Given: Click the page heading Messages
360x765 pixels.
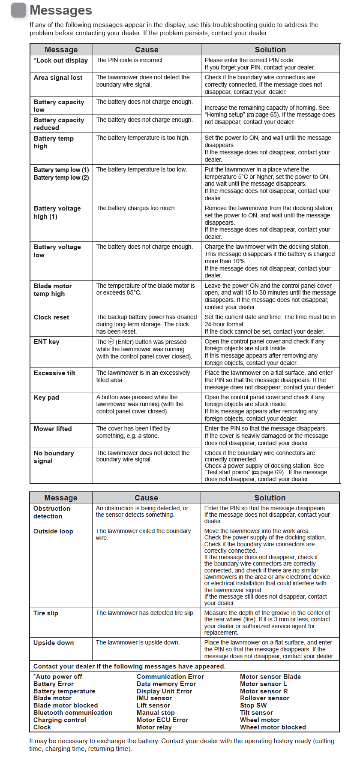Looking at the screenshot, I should pyautogui.click(x=61, y=10).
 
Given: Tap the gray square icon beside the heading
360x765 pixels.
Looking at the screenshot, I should pyautogui.click(x=18, y=10).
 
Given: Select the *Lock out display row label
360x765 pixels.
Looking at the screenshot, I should pyautogui.click(x=61, y=60).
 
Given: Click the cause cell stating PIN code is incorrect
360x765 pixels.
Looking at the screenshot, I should pyautogui.click(x=130, y=60).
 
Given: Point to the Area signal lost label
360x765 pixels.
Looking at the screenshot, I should pyautogui.click(x=58, y=78).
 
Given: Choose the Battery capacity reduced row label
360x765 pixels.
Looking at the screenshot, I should pyautogui.click(x=59, y=124).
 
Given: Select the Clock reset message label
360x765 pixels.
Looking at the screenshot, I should pyautogui.click(x=51, y=317).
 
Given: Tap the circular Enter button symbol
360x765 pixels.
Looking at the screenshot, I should pyautogui.click(x=111, y=342).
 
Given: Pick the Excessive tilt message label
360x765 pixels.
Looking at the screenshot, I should pyautogui.click(x=54, y=373).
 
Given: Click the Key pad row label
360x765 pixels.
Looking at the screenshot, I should pyautogui.click(x=46, y=398).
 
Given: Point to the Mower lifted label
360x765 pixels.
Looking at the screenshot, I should pyautogui.click(x=53, y=429).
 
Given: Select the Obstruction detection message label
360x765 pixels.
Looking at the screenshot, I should pyautogui.click(x=51, y=512).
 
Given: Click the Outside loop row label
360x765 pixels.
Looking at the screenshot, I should pyautogui.click(x=53, y=531).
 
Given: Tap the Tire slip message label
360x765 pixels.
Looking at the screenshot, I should pyautogui.click(x=46, y=613).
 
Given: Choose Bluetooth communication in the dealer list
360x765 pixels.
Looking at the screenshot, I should pyautogui.click(x=73, y=713).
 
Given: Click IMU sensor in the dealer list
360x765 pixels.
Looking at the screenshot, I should pyautogui.click(x=154, y=698).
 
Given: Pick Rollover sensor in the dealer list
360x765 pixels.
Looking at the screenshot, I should pyautogui.click(x=264, y=698).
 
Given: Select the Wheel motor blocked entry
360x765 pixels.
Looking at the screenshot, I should pyautogui.click(x=273, y=727).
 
